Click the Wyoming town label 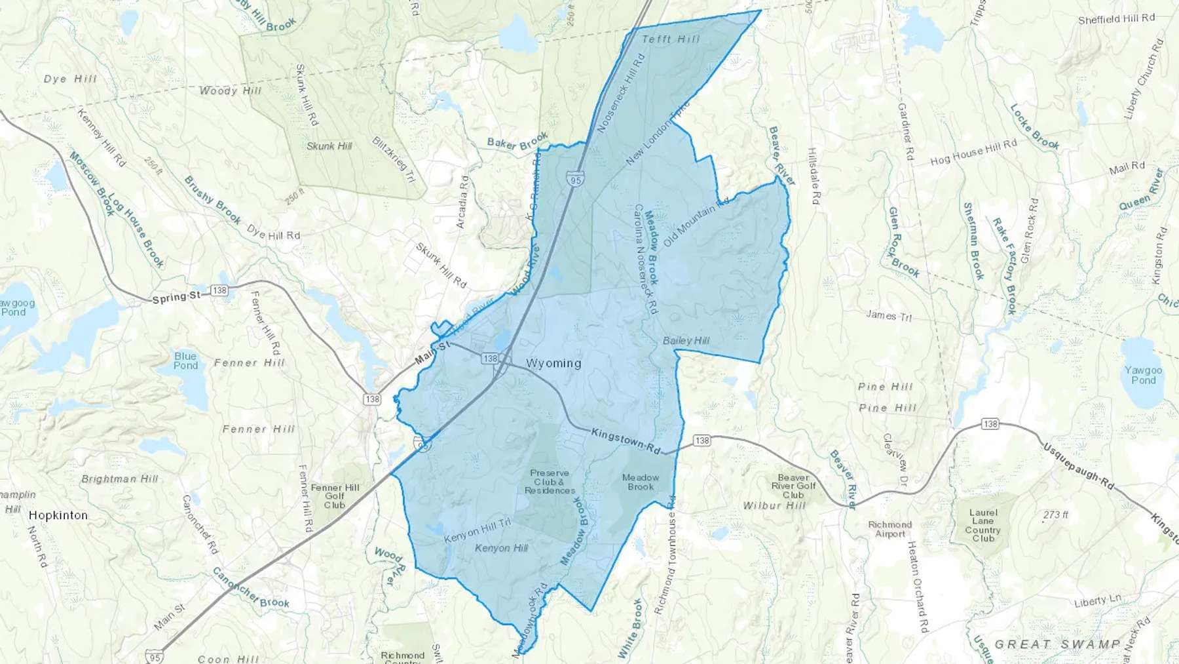pos(553,363)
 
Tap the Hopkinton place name pos(58,515)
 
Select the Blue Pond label pos(185,361)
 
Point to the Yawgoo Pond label pos(1143,375)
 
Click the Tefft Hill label pos(671,39)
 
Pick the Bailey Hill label pos(686,341)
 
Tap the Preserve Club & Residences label pos(550,482)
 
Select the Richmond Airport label pos(889,529)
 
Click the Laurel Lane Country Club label pos(982,526)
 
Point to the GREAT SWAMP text pos(1057,644)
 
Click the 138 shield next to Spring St pos(219,290)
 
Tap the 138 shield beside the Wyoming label pos(490,359)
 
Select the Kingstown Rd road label pos(626,441)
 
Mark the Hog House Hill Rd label pos(973,152)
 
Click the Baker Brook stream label pos(517,142)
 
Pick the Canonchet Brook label pos(250,587)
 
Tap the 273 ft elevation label pos(1055,515)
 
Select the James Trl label pos(889,316)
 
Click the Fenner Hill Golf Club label pos(335,496)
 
